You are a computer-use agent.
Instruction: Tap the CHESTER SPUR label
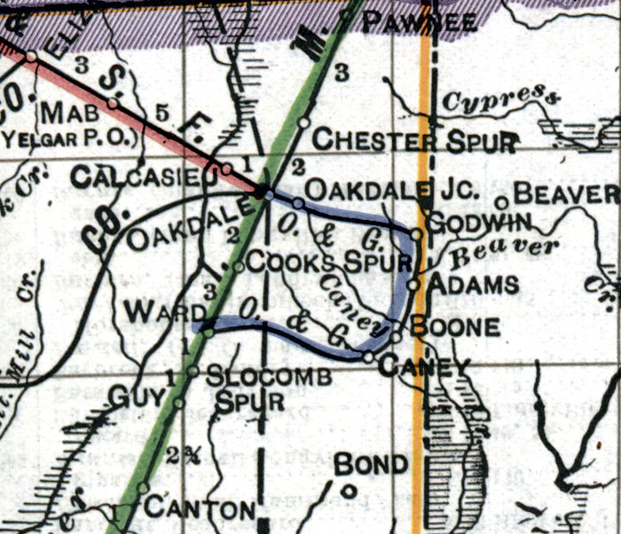pyautogui.click(x=415, y=140)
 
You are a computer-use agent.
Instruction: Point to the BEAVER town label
pyautogui.click(x=565, y=192)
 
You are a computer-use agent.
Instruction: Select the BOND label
pyautogui.click(x=372, y=464)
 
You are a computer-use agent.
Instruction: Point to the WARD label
pyautogui.click(x=155, y=312)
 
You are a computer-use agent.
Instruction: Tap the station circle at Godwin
pyautogui.click(x=416, y=234)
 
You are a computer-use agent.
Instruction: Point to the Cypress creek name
pyautogui.click(x=503, y=98)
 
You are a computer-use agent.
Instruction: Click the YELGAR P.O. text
pyautogui.click(x=71, y=137)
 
